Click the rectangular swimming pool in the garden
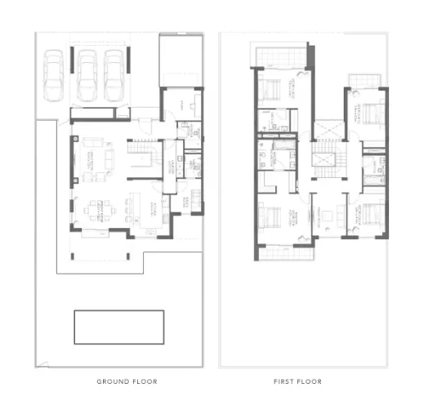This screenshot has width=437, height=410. [x=118, y=327]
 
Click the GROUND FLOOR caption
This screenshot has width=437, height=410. [x=127, y=381]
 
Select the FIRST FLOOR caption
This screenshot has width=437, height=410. [x=297, y=381]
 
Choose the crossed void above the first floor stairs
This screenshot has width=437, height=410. [x=328, y=130]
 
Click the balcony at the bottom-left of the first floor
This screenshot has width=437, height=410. [x=285, y=251]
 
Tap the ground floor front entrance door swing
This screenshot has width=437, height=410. [x=144, y=123]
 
